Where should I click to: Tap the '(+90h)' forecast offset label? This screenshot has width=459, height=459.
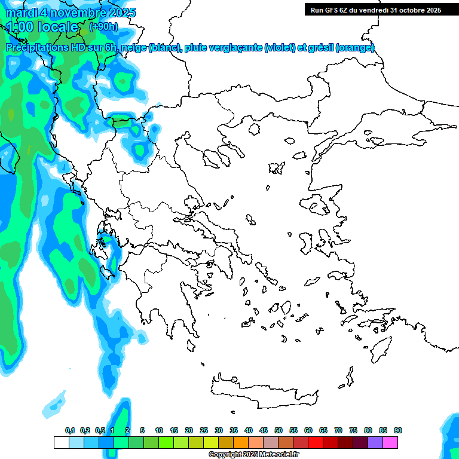pos(103,26)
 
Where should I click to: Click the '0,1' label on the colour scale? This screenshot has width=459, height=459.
pos(69,430)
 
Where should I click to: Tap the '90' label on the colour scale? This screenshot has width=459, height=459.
pos(397,430)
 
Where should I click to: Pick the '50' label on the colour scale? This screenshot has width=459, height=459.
pos(278,430)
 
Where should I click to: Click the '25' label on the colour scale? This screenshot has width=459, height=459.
pos(203,430)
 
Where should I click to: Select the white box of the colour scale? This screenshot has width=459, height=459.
pos(61,442)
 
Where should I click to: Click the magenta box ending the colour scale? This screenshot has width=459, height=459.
pos(390,442)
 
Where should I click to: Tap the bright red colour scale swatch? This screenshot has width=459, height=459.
pos(316,442)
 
